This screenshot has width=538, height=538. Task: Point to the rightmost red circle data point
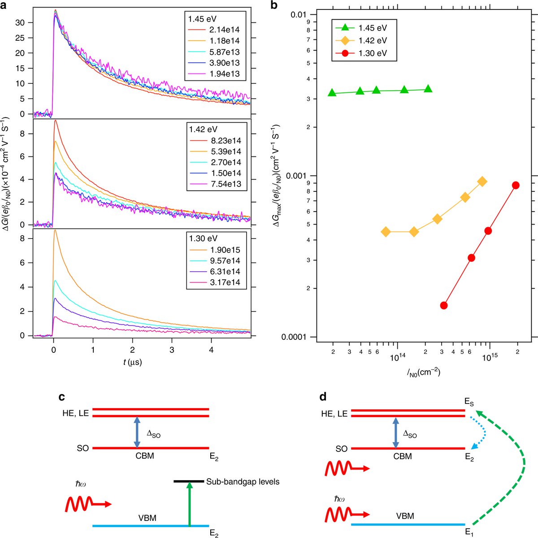click(516, 185)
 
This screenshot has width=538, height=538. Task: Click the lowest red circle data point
click(444, 305)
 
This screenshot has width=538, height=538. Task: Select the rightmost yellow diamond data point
click(482, 182)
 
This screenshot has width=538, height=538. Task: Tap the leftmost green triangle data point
click(332, 92)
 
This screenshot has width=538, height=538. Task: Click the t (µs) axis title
click(132, 362)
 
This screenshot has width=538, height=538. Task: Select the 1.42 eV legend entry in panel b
click(372, 41)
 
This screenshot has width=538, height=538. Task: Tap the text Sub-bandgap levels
click(243, 482)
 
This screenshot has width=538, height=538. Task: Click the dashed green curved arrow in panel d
click(520, 462)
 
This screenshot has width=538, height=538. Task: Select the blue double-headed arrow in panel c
click(137, 432)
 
